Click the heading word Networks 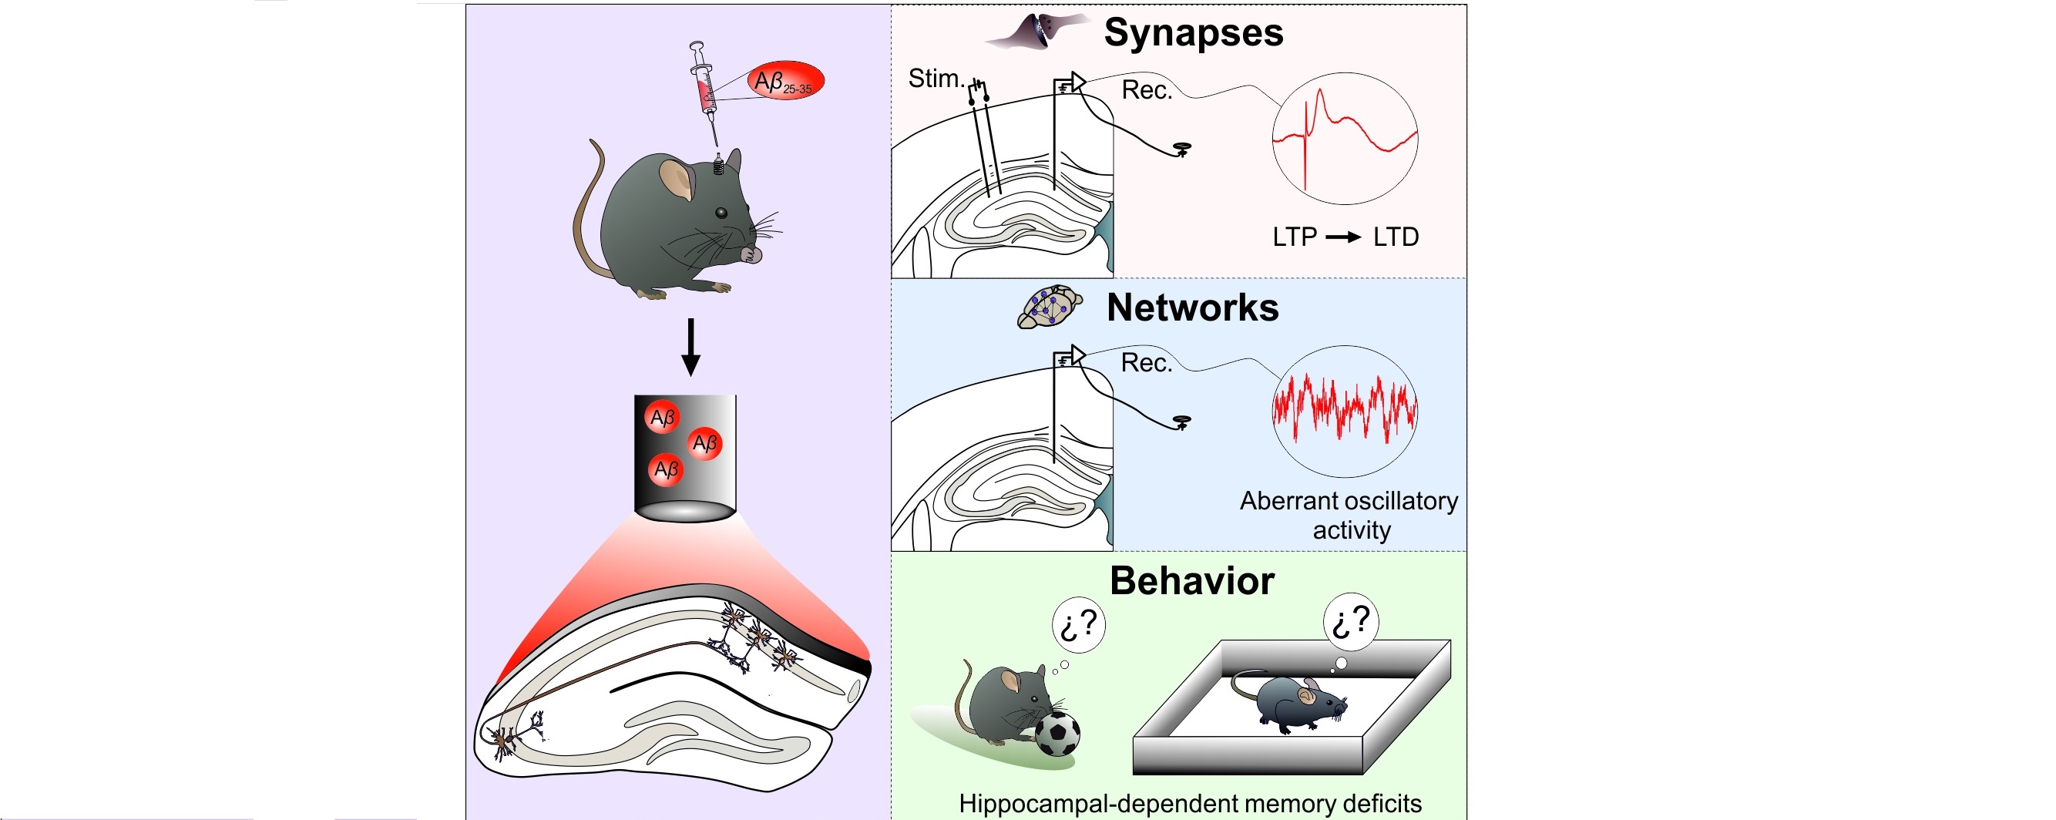tap(1192, 308)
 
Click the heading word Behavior tap(1191, 581)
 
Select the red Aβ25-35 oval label tap(785, 82)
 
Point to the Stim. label tap(936, 79)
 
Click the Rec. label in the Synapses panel tap(1146, 90)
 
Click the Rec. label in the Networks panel tap(1146, 363)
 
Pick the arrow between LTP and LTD tap(1343, 237)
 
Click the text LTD tap(1395, 237)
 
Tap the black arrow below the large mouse tap(690, 347)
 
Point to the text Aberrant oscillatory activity tap(1349, 515)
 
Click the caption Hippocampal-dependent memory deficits tap(1189, 803)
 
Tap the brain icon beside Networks tap(1049, 307)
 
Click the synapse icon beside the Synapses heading tap(1037, 32)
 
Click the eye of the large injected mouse tap(721, 213)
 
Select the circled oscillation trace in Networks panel tap(1344, 412)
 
